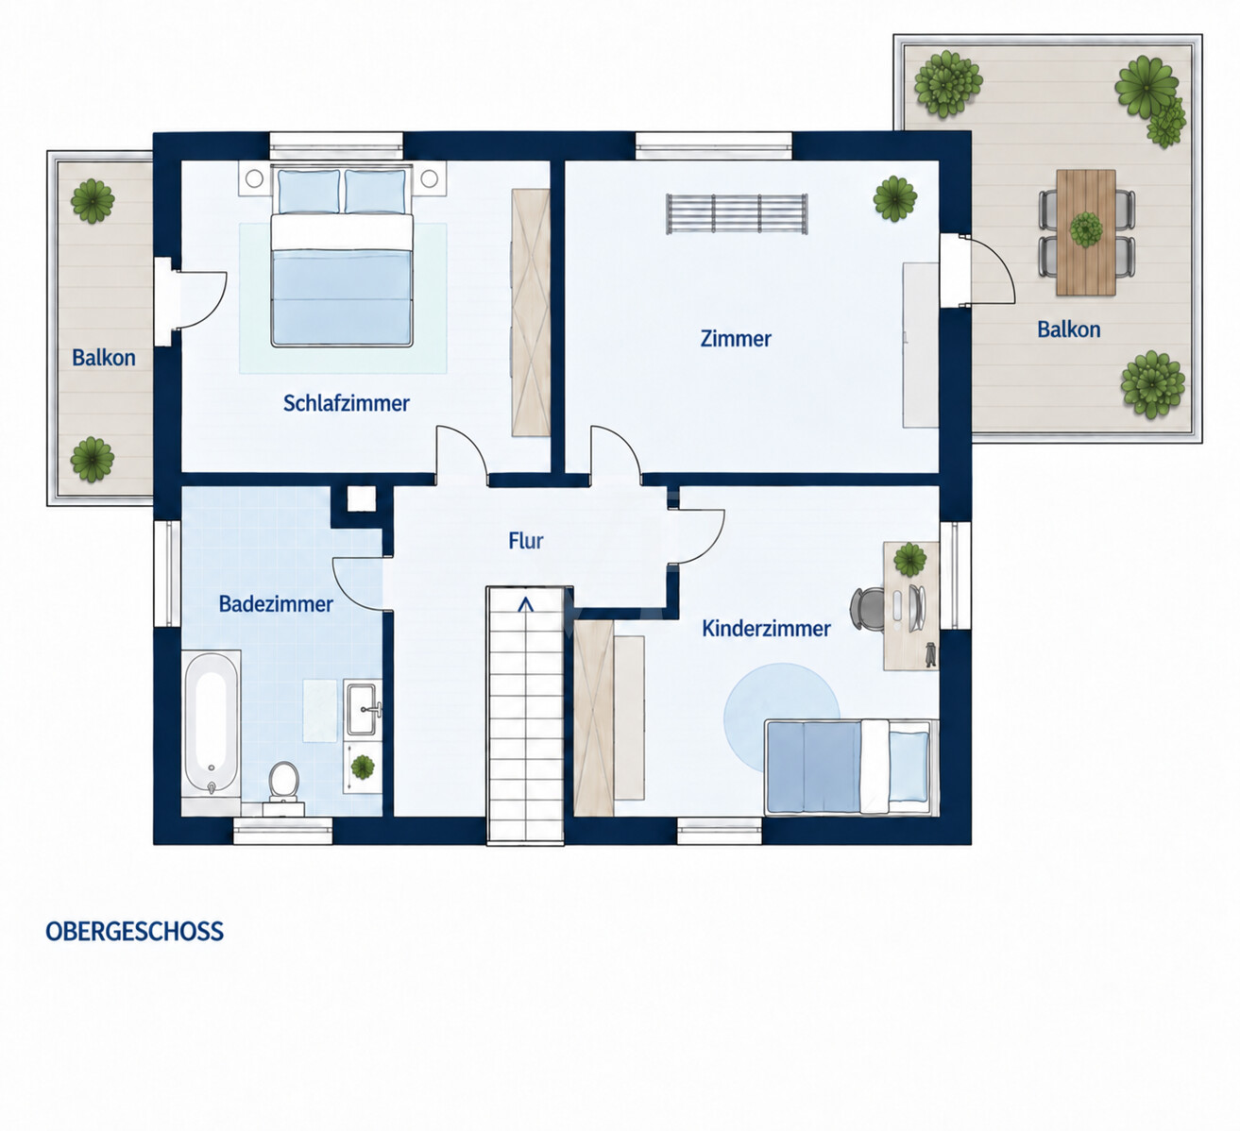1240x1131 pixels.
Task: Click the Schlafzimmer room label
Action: [347, 403]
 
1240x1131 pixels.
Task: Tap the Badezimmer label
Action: [276, 604]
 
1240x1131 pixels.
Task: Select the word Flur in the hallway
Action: [526, 541]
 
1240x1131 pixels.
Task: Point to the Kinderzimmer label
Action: [766, 629]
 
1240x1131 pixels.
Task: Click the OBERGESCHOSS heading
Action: [135, 932]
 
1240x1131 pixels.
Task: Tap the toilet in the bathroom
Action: [283, 783]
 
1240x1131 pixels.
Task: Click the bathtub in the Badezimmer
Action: [211, 723]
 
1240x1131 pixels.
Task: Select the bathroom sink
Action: [364, 708]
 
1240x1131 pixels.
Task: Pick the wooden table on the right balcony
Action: [1086, 232]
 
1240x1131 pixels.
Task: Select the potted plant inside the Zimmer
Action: [894, 198]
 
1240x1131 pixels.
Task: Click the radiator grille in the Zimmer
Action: [737, 214]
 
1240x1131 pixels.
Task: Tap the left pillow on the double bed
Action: [309, 192]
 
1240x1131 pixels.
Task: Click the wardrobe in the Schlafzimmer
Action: [531, 312]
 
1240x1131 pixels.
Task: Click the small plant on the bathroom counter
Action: [363, 767]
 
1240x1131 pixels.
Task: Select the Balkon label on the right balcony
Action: [1069, 329]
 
